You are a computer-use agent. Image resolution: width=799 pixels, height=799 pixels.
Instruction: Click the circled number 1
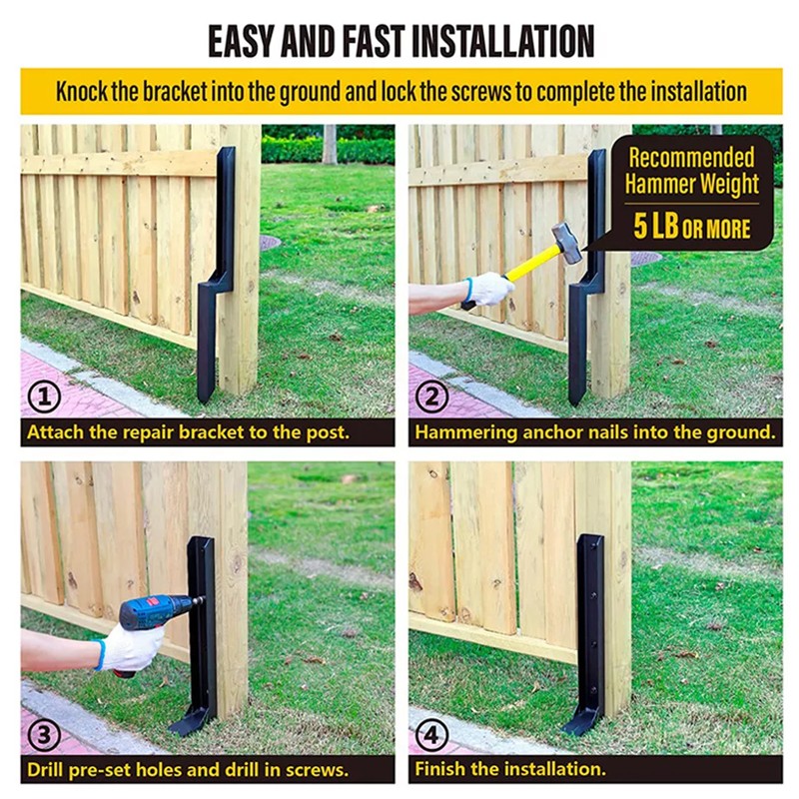[44, 397]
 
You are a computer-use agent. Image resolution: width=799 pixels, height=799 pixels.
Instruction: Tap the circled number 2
[432, 397]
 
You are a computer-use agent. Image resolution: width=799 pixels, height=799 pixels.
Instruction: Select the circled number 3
[44, 734]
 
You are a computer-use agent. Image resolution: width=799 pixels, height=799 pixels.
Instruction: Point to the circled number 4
[432, 734]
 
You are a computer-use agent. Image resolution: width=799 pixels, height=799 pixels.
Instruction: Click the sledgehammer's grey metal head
[567, 243]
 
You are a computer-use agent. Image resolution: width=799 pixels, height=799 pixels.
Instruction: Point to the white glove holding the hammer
[489, 289]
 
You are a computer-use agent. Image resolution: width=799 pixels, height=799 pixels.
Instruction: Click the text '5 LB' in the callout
[656, 227]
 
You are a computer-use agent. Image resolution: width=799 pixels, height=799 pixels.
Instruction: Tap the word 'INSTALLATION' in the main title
[502, 41]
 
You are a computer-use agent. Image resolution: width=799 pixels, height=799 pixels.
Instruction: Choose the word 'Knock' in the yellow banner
[82, 92]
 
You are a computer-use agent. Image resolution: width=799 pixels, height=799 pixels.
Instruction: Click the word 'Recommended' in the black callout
[691, 158]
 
